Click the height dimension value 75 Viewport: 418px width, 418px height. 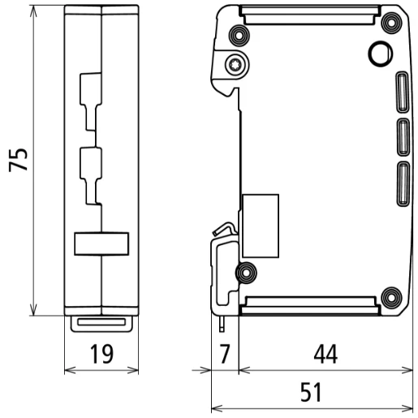[19, 159]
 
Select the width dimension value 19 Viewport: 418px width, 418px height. [101, 355]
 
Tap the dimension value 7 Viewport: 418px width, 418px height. [224, 355]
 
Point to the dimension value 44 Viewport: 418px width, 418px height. [324, 355]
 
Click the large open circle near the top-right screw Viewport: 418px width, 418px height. [379, 54]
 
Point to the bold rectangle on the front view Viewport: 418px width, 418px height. [101, 243]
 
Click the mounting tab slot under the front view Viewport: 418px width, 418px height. [101, 322]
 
